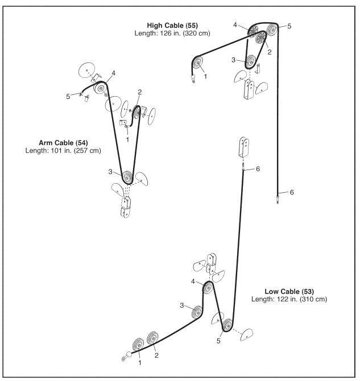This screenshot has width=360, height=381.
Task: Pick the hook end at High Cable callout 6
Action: coord(278,198)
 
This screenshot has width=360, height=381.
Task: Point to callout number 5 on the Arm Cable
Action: coord(68,97)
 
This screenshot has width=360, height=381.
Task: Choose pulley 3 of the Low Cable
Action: coord(197,311)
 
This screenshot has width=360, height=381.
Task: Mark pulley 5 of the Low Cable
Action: coord(227,326)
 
